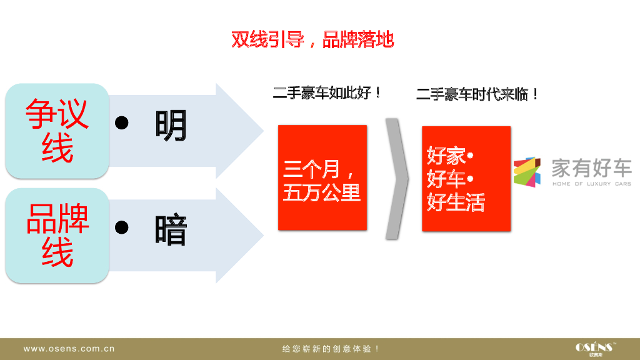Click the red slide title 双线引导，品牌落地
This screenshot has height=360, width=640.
coord(312,40)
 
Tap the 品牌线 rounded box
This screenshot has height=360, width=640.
coord(57,235)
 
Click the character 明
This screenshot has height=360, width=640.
coord(171,125)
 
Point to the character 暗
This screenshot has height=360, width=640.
coord(171,231)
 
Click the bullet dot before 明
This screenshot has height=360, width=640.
coord(122,122)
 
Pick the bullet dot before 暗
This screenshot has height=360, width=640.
coord(122,227)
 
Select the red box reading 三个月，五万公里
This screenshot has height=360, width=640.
coord(322,177)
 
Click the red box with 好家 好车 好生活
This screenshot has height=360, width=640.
coord(466,179)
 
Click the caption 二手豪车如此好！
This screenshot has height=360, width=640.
coord(327,94)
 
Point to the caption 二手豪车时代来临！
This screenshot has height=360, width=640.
coord(477,95)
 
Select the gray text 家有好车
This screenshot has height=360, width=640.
coord(591,167)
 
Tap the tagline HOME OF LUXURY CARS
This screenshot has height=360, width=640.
coord(591,184)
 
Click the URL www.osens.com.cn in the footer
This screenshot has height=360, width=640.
coord(69,349)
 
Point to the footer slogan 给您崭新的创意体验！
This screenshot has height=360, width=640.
coord(331,349)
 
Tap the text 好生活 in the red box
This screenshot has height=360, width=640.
coord(456,202)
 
